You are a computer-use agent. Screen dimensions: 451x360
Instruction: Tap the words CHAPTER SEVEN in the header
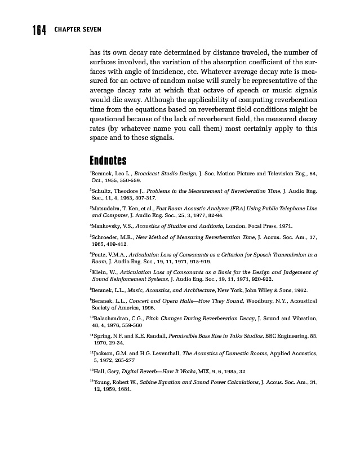(78, 30)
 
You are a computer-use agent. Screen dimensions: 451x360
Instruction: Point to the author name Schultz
(104, 192)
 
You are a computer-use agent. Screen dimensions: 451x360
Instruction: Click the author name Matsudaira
(107, 208)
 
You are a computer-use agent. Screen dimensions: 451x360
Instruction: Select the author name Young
(101, 382)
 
